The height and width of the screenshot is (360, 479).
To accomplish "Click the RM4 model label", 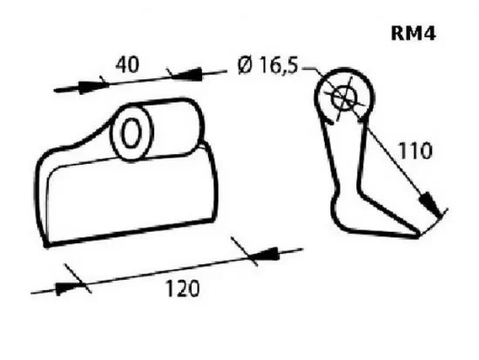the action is click(413, 33).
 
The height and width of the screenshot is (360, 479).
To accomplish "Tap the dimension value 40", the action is click(127, 65).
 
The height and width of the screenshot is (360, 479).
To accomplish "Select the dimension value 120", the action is click(183, 289).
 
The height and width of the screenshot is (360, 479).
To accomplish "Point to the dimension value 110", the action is click(415, 151).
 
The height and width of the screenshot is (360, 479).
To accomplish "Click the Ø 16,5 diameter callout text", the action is click(267, 65).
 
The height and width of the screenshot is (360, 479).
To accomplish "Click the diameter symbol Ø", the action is click(245, 65).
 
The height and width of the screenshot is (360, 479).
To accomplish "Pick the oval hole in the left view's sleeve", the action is click(132, 132).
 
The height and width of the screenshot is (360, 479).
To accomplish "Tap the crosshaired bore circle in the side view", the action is click(345, 97).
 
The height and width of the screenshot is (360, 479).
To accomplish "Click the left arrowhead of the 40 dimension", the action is click(93, 86).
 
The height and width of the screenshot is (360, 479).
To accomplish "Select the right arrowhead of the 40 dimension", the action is click(187, 74).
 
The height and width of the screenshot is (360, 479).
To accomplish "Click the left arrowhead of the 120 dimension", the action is click(68, 288).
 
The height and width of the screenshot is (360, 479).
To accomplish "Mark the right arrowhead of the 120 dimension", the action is click(265, 255).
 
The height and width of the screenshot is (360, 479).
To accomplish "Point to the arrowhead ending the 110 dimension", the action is click(431, 203).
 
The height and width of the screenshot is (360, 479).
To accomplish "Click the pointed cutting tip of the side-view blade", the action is click(418, 235).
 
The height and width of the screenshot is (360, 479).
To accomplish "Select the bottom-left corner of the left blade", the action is click(46, 245).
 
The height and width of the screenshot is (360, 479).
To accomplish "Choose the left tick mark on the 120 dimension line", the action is click(78, 279).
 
